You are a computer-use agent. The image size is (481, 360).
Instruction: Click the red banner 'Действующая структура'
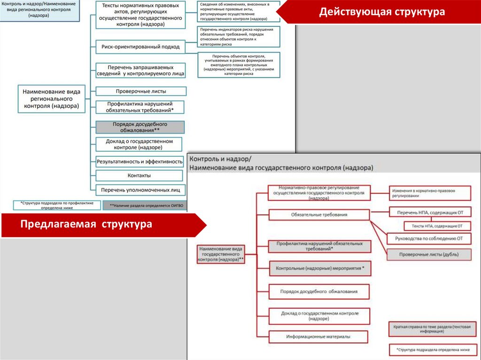point(381,12)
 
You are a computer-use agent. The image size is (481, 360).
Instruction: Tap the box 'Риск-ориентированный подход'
point(140,47)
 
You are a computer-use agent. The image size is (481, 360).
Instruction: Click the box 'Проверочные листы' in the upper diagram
point(140,91)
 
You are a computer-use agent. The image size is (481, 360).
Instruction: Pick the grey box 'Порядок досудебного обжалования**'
point(140,127)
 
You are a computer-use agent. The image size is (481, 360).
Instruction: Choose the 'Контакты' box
point(139,176)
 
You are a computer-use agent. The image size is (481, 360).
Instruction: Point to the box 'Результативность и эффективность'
point(140,161)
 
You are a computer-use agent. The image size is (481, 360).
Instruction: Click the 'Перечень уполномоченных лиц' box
point(140,190)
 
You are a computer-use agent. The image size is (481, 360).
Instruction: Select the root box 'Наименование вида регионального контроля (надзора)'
point(52,99)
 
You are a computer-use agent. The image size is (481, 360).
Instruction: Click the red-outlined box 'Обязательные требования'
point(319,215)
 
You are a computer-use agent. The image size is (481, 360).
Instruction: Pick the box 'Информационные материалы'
point(319,337)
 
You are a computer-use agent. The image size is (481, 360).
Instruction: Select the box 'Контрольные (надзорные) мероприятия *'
point(319,268)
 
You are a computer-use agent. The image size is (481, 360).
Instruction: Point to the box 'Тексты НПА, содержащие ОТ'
point(434,226)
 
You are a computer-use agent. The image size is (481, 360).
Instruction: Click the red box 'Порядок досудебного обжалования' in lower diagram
point(319,291)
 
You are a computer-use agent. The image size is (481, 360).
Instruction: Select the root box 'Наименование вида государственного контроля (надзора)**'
point(221,253)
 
